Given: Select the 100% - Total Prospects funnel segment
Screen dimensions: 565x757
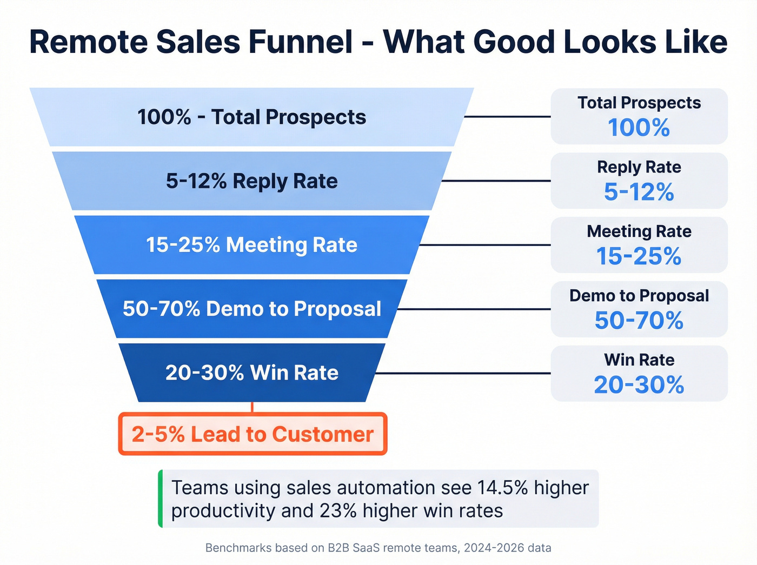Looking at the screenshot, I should pos(251,117).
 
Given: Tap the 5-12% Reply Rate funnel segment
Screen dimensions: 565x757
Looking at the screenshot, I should pos(251,181).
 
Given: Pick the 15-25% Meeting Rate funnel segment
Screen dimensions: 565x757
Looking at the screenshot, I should pos(251,245).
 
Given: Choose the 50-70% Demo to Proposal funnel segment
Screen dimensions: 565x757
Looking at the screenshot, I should pos(251,309).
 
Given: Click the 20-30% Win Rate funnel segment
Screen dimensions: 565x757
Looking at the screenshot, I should pos(251,373).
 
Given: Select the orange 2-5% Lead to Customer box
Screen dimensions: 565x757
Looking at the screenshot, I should pos(253,434).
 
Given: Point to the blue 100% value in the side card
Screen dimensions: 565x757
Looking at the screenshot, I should pos(639,128).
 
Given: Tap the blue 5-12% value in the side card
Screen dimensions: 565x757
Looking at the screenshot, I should pos(639,192).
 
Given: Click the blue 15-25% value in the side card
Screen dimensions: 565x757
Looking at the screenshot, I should pos(639,256).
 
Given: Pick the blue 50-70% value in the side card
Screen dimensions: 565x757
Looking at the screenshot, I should pos(639,321).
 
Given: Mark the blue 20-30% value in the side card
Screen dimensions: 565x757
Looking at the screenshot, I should pos(639,385).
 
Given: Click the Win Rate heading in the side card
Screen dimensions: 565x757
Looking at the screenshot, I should pos(639,360).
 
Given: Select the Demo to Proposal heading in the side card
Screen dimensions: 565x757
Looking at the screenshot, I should pos(639,296).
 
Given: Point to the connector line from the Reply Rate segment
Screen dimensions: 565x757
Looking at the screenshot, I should pos(496,181).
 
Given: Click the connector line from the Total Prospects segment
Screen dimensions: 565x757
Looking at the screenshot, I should pos(507,117).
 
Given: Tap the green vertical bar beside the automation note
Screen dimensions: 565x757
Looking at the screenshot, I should pos(161,498).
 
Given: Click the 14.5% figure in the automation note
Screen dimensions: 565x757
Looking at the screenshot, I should pos(502,488).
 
